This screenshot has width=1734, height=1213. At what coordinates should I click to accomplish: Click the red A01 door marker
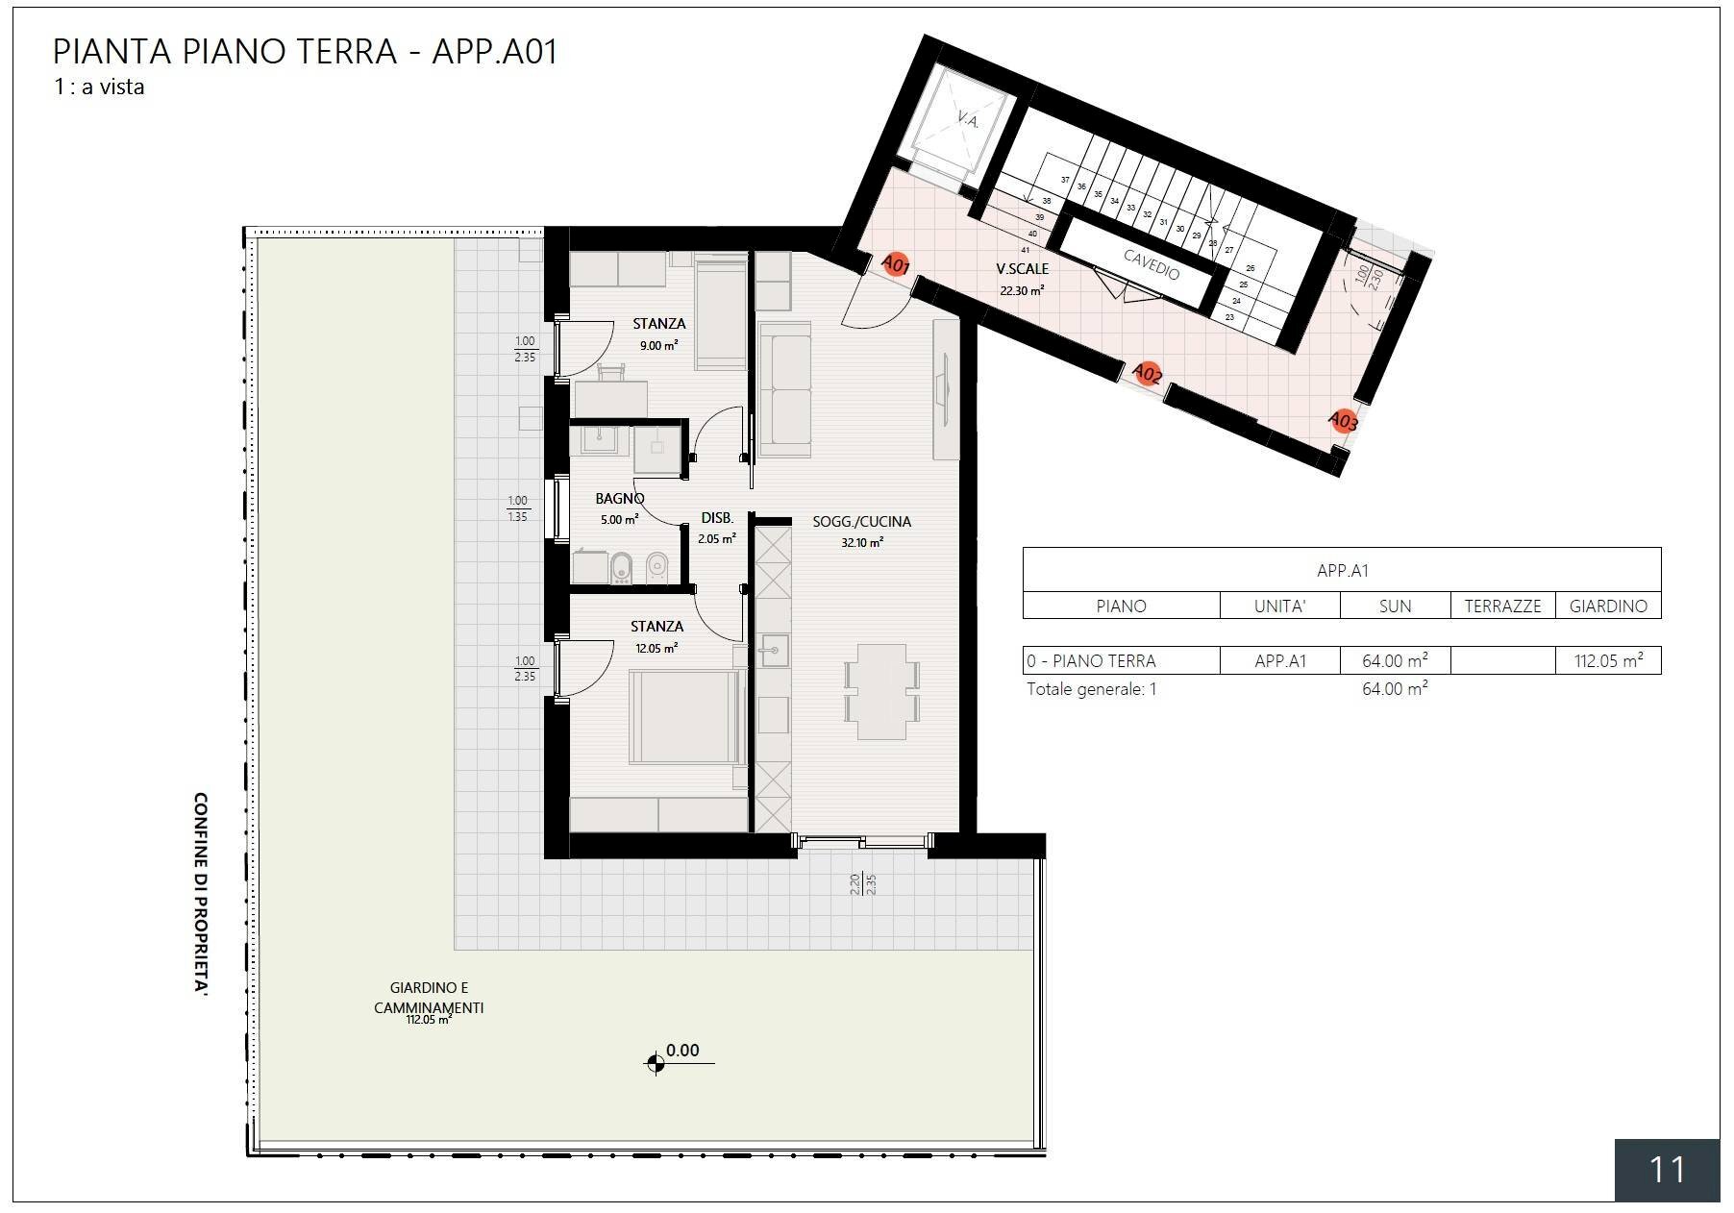tap(896, 264)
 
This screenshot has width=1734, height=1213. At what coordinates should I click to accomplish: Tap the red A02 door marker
tap(1147, 373)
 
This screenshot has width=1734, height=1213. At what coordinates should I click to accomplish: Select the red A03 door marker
tap(1343, 421)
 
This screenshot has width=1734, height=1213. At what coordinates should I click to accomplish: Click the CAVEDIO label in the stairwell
tap(1151, 263)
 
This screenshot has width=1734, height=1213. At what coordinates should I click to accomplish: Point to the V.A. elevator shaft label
tap(967, 120)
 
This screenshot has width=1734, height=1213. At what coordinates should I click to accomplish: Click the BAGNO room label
tap(619, 498)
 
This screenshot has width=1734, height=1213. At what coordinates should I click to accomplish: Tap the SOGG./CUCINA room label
tap(861, 522)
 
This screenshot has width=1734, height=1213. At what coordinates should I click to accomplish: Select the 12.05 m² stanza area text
tap(656, 648)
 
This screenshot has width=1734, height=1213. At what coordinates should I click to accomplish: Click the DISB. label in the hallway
tap(717, 518)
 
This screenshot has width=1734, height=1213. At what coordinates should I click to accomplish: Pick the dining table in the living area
tap(881, 691)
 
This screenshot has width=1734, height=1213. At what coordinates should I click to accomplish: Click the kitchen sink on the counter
tap(772, 651)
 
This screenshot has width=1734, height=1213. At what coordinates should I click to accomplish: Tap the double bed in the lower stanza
tap(686, 717)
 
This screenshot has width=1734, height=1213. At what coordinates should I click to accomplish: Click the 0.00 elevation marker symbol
tap(656, 1063)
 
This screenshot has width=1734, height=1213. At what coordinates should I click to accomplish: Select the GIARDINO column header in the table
tap(1607, 606)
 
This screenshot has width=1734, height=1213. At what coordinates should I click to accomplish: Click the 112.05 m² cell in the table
tap(1607, 661)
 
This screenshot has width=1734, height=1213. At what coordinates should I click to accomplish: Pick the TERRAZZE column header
tap(1502, 606)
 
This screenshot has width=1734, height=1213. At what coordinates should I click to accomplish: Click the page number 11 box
tap(1667, 1170)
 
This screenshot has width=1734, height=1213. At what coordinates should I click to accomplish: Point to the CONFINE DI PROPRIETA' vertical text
tap(202, 893)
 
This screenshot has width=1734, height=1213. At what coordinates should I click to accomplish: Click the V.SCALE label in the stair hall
tap(1022, 269)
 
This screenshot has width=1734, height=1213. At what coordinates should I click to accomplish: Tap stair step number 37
tap(1065, 180)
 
